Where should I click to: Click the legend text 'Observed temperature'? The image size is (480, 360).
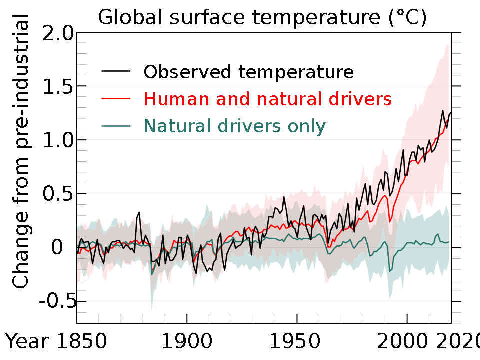click(248, 72)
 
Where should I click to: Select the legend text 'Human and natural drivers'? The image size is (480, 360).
click(267, 99)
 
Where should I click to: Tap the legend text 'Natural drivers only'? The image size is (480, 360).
click(234, 126)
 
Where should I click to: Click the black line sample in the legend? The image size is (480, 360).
click(116, 72)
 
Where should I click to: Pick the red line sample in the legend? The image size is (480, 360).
click(116, 99)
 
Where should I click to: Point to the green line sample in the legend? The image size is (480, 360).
click(116, 126)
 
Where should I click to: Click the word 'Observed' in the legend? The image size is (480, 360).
click(188, 72)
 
